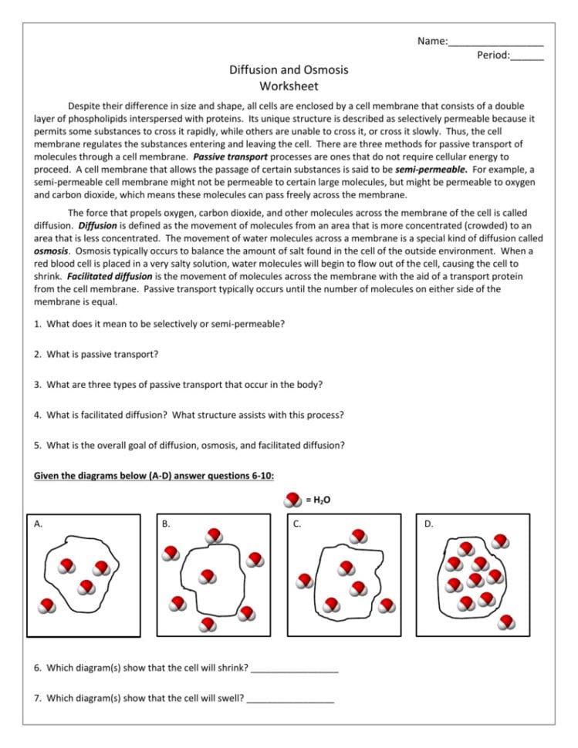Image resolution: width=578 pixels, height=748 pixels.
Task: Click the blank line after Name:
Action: [495, 44]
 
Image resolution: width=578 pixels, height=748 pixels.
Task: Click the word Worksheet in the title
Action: [289, 86]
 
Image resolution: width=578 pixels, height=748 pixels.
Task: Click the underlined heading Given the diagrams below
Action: [154, 476]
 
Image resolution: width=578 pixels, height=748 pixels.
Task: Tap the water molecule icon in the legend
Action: [293, 500]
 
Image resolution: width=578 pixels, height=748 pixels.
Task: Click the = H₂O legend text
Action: [318, 500]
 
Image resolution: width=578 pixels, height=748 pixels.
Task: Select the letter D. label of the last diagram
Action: [429, 524]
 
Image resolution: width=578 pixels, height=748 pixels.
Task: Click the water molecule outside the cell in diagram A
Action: [48, 606]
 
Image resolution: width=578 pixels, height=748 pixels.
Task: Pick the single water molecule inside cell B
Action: [207, 577]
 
